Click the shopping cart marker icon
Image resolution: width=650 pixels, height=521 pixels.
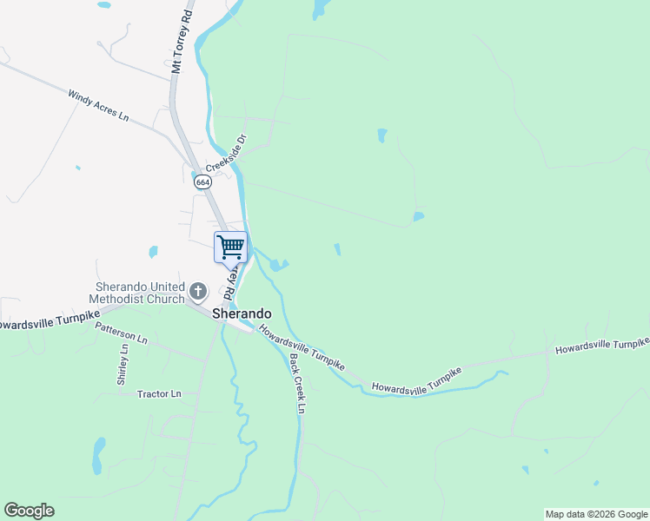[230, 247]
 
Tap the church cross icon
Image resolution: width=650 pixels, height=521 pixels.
[198, 292]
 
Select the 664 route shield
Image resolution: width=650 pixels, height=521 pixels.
[202, 181]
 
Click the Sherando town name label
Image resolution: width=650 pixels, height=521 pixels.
[242, 313]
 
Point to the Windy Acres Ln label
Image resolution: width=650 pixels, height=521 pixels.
[98, 103]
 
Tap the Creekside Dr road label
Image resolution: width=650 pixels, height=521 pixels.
[227, 153]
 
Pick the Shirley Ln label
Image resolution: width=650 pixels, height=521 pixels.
[123, 365]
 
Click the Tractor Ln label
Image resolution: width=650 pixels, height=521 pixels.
[159, 394]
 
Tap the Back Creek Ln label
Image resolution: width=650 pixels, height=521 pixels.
[297, 383]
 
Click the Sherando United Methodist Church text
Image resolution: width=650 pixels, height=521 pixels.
[140, 293]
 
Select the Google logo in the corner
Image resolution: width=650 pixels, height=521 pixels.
[29, 511]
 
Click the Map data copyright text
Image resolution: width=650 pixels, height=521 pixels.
[596, 514]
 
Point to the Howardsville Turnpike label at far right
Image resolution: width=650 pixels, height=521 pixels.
[602, 346]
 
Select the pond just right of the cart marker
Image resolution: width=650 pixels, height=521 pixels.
[278, 264]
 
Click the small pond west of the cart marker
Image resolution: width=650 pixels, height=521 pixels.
[153, 252]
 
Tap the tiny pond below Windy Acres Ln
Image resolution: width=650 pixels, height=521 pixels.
[77, 168]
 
